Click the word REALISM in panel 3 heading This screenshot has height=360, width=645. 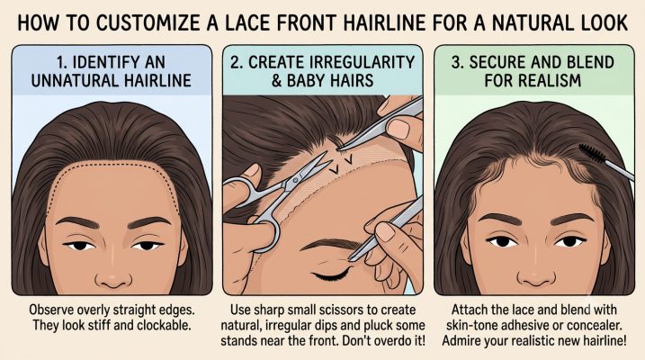point(533,80)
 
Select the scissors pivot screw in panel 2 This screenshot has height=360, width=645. point(295,180)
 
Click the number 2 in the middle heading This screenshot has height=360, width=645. point(235,62)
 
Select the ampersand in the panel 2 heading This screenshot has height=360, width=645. point(276,80)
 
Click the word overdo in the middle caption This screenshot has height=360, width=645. point(383,341)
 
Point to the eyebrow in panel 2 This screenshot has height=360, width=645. point(329,244)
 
